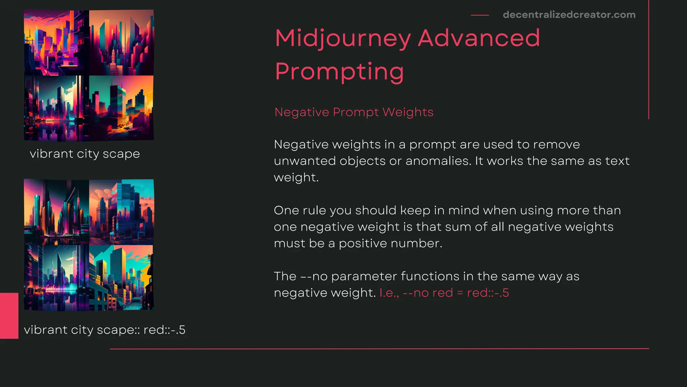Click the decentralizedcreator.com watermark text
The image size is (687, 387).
(x=569, y=15)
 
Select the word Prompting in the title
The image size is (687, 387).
(x=339, y=72)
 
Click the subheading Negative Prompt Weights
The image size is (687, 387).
(x=354, y=112)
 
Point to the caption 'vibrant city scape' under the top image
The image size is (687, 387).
(x=85, y=154)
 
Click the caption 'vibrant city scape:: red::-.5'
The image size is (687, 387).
(x=105, y=330)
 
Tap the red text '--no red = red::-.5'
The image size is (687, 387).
(x=456, y=293)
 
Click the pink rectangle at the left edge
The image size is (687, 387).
(x=9, y=315)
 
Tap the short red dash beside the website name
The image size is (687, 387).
(x=480, y=15)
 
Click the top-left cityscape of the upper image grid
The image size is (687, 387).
(x=56, y=43)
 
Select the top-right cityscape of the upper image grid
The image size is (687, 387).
(x=121, y=43)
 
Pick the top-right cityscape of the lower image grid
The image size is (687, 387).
(x=121, y=212)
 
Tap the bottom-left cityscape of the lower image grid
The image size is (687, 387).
(x=56, y=277)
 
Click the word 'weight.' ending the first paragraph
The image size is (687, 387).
(x=296, y=177)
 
